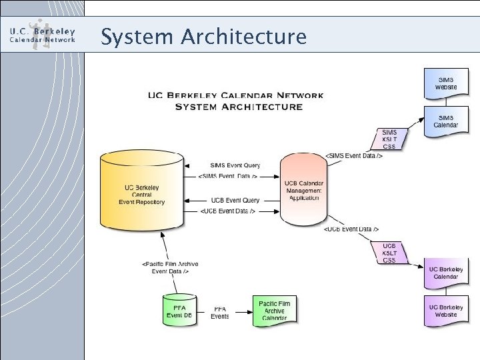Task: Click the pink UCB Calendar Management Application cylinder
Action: click(x=303, y=189)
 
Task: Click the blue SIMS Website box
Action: click(x=446, y=83)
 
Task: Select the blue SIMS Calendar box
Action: click(x=446, y=121)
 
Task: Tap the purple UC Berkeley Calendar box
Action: click(x=446, y=273)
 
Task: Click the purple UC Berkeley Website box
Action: click(x=446, y=310)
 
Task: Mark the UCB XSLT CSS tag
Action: click(x=389, y=253)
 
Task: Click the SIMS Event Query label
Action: click(x=235, y=165)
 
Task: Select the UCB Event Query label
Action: click(x=235, y=200)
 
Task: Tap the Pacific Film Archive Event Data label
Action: click(x=170, y=267)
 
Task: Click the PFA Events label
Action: click(x=220, y=313)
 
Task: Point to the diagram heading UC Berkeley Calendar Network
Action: click(x=235, y=95)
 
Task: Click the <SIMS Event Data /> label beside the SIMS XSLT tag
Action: click(x=354, y=155)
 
